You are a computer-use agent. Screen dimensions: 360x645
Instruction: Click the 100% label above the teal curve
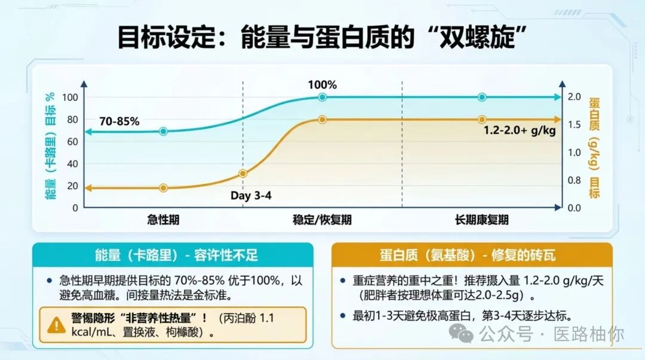pyautogui.click(x=322, y=85)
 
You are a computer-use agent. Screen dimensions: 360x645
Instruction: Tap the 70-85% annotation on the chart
pyautogui.click(x=119, y=121)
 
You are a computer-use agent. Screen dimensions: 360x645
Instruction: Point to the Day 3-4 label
pyautogui.click(x=251, y=195)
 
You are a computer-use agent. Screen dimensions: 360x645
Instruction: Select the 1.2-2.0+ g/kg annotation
pyautogui.click(x=519, y=130)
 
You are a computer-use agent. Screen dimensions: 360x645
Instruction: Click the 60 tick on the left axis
pyautogui.click(x=71, y=141)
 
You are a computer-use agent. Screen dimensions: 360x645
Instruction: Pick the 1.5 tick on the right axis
pyautogui.click(x=574, y=125)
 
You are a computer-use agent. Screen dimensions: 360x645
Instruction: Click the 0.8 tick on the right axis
pyautogui.click(x=574, y=180)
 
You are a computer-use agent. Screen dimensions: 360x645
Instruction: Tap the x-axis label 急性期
pyautogui.click(x=163, y=220)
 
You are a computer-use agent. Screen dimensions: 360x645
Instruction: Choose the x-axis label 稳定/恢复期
pyautogui.click(x=322, y=220)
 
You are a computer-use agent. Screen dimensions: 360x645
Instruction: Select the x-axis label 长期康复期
pyautogui.click(x=481, y=220)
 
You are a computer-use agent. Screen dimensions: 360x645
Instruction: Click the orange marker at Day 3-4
pyautogui.click(x=243, y=174)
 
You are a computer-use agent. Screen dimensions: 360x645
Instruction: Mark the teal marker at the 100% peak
pyautogui.click(x=322, y=97)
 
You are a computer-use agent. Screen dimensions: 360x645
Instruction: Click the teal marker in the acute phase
pyautogui.click(x=163, y=131)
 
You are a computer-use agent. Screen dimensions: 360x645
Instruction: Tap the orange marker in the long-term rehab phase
pyautogui.click(x=482, y=119)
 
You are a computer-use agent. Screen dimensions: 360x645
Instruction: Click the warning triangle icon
pyautogui.click(x=57, y=325)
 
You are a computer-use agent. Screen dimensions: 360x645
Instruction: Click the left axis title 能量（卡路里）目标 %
pyautogui.click(x=50, y=146)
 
